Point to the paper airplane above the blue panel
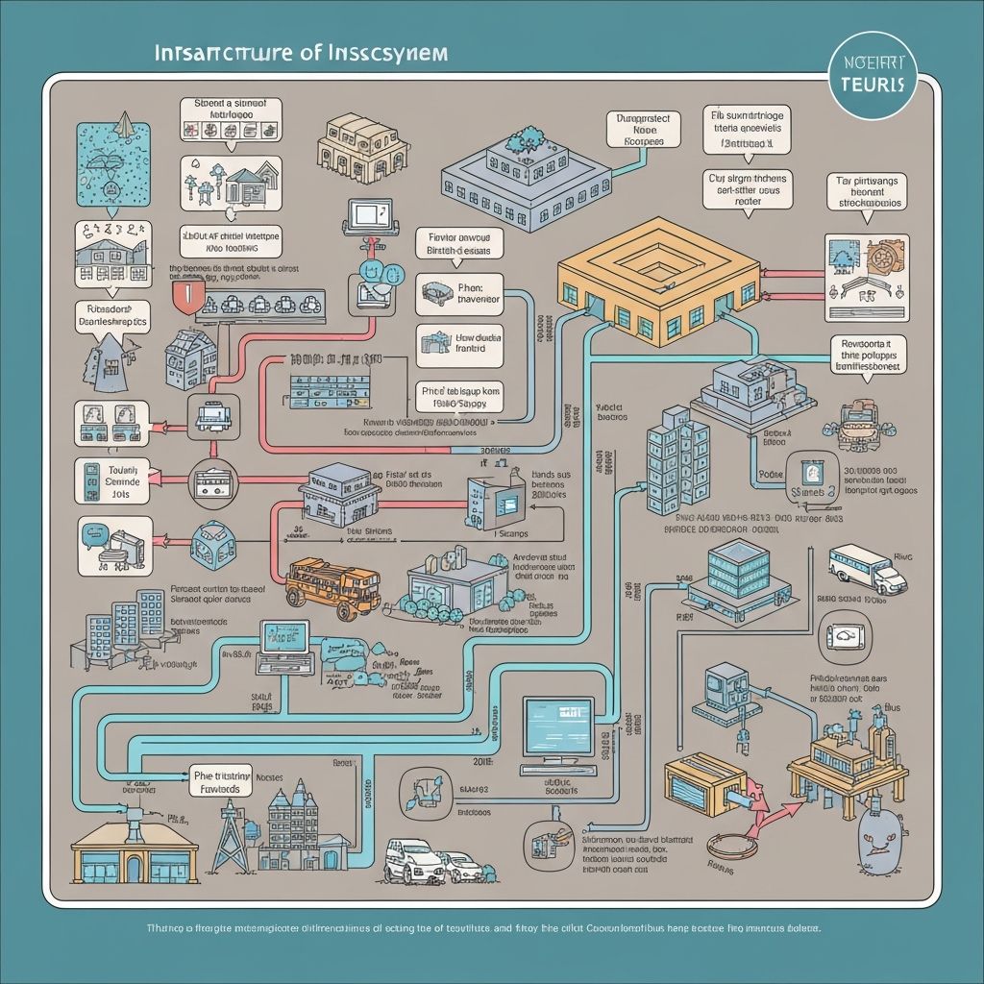pyautogui.click(x=124, y=123)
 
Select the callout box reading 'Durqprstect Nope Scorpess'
pyautogui.click(x=644, y=131)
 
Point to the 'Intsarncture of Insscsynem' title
pyautogui.click(x=300, y=54)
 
